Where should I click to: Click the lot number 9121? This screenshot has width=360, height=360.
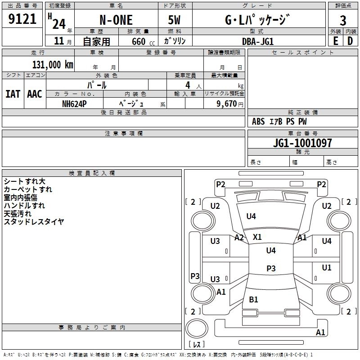[x=22, y=19]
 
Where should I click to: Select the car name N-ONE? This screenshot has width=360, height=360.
[x=116, y=20]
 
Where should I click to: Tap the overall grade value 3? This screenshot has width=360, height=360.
[x=343, y=21]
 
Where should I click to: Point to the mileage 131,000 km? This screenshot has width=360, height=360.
[x=53, y=65]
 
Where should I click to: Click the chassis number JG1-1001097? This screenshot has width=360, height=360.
[x=302, y=143]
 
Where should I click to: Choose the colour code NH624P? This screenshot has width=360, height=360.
[x=74, y=104]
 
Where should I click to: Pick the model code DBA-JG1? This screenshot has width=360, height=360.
[x=258, y=41]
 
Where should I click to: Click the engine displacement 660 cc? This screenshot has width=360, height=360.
[x=143, y=41]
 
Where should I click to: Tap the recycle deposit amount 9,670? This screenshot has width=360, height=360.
[x=226, y=104]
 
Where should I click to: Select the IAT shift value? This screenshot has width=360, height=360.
[x=13, y=94]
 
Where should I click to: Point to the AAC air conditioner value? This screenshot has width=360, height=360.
[x=35, y=94]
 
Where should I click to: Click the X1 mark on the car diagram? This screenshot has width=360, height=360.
[x=257, y=237]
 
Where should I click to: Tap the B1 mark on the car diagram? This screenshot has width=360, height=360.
[x=253, y=299]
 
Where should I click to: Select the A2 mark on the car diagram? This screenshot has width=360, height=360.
[x=239, y=238]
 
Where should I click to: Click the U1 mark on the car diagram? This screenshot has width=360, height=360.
[x=327, y=267]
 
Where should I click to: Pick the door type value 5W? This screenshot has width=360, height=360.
[x=174, y=20]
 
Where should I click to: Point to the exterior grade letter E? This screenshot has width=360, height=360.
[x=335, y=41]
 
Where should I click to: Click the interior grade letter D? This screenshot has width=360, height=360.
[x=350, y=41]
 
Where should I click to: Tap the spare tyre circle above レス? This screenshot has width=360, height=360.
[x=197, y=328]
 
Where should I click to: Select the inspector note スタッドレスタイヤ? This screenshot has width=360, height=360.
[x=34, y=222]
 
